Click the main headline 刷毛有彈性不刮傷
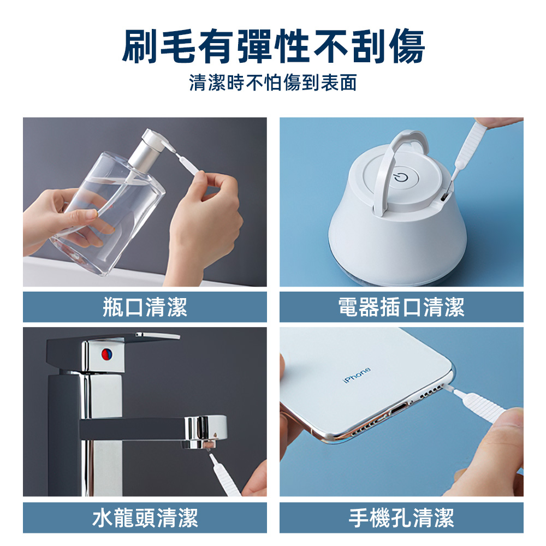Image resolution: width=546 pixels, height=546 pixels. pyautogui.click(x=274, y=46)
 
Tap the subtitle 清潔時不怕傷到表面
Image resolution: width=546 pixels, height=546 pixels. pyautogui.click(x=274, y=83)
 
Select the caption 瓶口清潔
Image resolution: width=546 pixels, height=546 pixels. pyautogui.click(x=145, y=307)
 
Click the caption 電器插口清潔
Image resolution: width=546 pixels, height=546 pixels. pyautogui.click(x=401, y=307)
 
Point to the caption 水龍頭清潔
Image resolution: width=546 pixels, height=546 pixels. pyautogui.click(x=145, y=518)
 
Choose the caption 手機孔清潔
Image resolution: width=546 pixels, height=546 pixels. pyautogui.click(x=401, y=518)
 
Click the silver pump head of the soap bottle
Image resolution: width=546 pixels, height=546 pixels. pyautogui.click(x=150, y=146)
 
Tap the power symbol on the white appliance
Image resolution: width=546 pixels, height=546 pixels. pyautogui.click(x=400, y=177)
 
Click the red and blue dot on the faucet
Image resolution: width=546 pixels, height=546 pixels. pyautogui.click(x=106, y=354)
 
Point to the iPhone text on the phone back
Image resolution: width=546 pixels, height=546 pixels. pyautogui.click(x=357, y=375)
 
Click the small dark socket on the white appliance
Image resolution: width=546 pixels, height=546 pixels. pyautogui.click(x=444, y=197)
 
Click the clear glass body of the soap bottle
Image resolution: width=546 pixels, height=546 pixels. pyautogui.click(x=108, y=212)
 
